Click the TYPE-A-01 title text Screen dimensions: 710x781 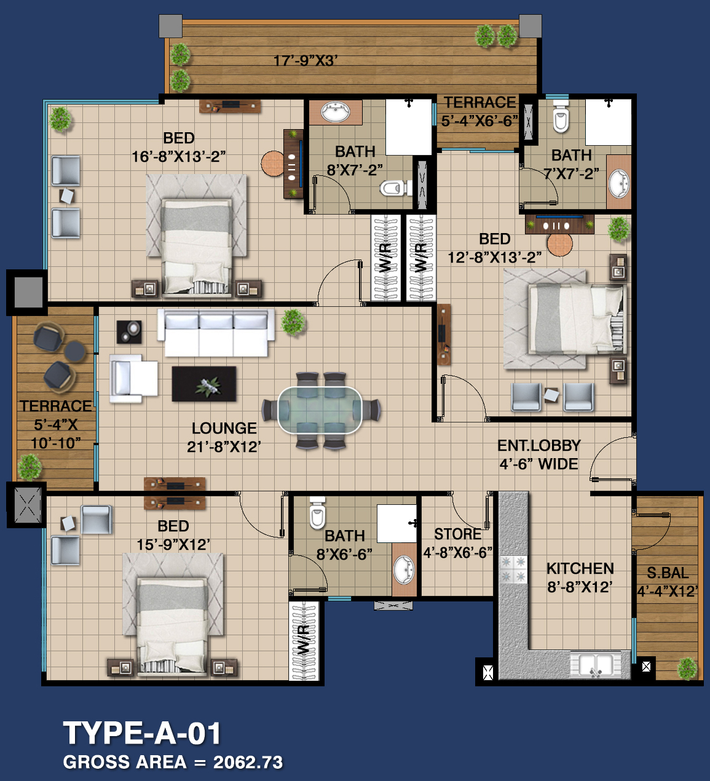click(143, 733)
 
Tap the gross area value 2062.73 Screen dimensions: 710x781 click(248, 763)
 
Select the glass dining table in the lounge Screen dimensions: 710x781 click(320, 410)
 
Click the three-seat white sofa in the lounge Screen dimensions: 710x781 click(216, 333)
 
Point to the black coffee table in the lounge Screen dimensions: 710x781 click(204, 384)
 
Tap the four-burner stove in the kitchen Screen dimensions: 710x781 click(513, 569)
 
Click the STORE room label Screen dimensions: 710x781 click(458, 534)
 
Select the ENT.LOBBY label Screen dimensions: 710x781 click(539, 445)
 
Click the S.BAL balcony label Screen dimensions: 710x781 click(668, 573)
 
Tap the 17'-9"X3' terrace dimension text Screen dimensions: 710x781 click(306, 61)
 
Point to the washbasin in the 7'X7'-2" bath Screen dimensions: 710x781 click(619, 184)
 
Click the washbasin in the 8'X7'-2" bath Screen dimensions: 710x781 click(335, 112)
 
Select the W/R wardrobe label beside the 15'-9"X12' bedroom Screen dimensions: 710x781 click(304, 640)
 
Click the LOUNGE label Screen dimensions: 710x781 click(224, 428)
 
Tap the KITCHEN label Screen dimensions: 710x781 click(580, 568)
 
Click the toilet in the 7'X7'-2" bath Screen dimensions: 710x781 click(561, 116)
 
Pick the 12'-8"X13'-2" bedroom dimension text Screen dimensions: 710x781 click(495, 257)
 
